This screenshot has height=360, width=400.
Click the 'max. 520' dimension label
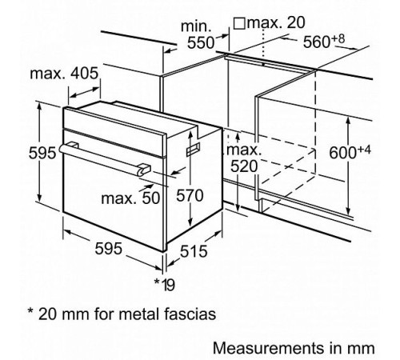click(242, 158)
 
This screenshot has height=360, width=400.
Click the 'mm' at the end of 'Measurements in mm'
click(363, 348)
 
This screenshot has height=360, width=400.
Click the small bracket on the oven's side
click(191, 150)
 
